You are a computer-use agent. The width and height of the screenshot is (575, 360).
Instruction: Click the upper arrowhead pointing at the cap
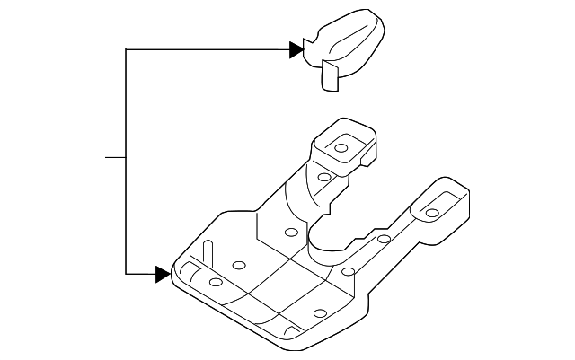coord(295,50)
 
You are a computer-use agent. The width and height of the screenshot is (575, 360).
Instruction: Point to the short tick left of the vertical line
coord(115,158)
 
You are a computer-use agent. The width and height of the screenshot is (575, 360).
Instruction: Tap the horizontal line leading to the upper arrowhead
coord(207,50)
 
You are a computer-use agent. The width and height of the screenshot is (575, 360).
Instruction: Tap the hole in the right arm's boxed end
coord(432,212)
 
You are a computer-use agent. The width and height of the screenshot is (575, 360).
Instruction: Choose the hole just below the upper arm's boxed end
coord(321,177)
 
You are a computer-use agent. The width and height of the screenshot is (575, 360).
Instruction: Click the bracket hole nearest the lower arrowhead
coord(216,283)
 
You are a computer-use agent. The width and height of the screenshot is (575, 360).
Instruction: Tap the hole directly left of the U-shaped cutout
coord(290,233)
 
